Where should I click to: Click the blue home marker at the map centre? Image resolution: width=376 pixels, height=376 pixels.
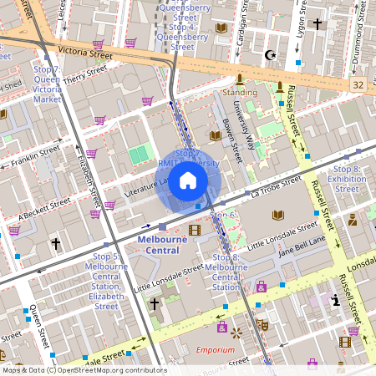pos(188,180)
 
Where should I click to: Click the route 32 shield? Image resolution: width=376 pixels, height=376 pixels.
pos(358,85)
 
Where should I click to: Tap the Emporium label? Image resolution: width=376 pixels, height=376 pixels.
pos(215,349)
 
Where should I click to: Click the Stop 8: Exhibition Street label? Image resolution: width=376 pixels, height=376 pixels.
pos(347,179)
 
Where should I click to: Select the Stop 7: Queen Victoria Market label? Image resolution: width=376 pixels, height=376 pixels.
pos(47,84)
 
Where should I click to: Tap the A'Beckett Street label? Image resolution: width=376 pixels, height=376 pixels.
pos(30,209)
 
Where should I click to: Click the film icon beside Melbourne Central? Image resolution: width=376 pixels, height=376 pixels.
pos(195,230)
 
